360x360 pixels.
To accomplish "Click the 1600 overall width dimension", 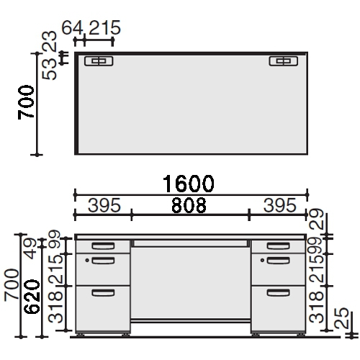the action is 189,184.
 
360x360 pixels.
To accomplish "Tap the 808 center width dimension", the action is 189,205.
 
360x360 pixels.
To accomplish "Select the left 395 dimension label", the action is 104,205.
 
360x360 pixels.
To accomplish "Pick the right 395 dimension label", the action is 280,205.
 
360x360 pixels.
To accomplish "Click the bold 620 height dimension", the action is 32,297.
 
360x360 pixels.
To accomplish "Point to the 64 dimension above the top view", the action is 72,28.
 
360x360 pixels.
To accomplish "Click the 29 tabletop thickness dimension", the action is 317,219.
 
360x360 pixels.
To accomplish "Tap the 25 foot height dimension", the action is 342,318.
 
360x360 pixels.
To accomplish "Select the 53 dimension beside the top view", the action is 49,69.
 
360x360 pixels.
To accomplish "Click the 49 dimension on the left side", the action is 30,248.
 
